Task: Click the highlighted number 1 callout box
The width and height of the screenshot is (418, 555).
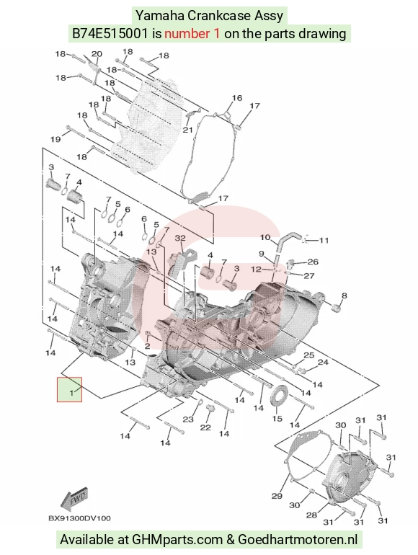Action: pos(70,389)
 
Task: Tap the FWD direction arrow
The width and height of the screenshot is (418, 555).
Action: pos(74,499)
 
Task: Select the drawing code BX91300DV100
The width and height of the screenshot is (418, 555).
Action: pos(79,518)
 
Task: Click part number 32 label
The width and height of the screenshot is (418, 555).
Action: pos(180,238)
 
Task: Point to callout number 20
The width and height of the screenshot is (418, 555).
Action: pos(97,54)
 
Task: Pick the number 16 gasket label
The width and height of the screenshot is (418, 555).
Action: pos(237,98)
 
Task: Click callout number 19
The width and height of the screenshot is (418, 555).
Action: pos(55,139)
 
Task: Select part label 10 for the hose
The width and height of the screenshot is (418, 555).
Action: pos(265,237)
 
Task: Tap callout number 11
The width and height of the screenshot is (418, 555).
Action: pos(324,240)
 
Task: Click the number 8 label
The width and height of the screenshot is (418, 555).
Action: pos(344,296)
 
